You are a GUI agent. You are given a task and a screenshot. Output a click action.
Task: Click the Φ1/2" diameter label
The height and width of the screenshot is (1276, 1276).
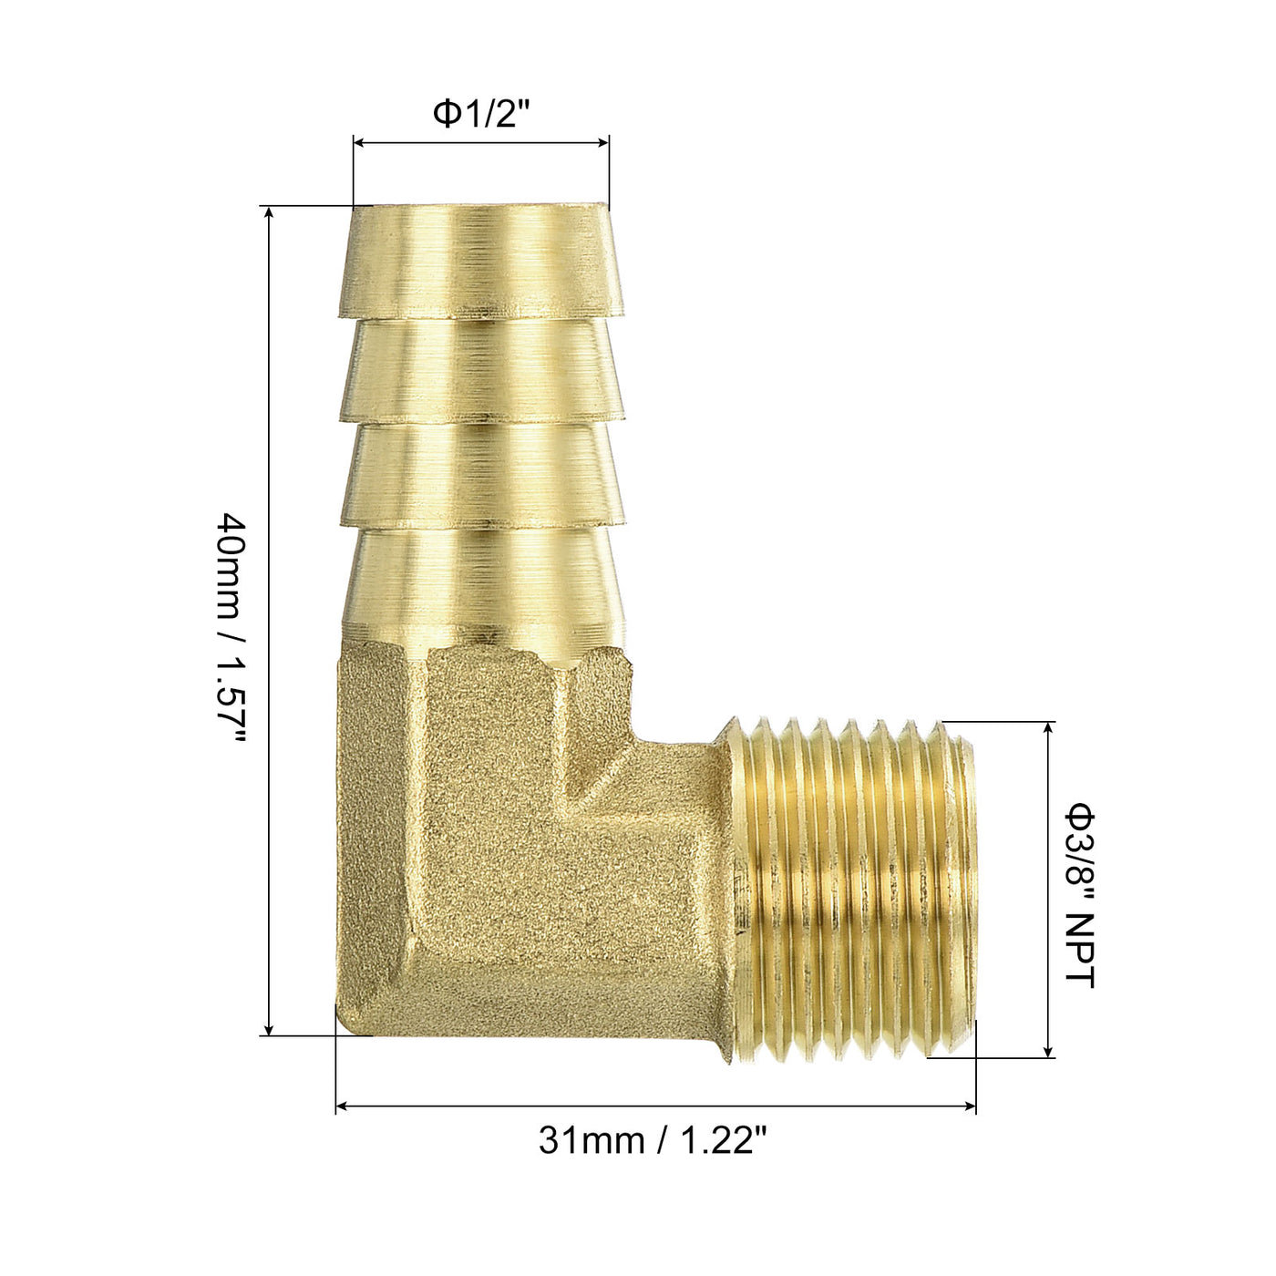pos(482,114)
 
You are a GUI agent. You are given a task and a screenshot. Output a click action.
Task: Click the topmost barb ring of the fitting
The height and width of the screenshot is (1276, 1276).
pos(480,261)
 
